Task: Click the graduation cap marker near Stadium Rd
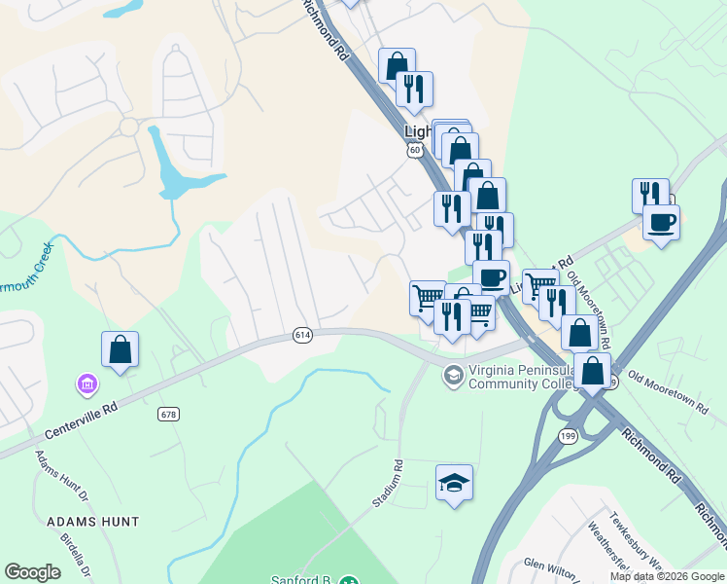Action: click(454, 483)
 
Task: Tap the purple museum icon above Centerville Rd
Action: click(87, 386)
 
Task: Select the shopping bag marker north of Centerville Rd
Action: click(120, 350)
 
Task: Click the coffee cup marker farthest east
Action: click(661, 223)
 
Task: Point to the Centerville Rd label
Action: click(83, 420)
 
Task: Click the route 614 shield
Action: click(302, 335)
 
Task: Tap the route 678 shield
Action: click(167, 414)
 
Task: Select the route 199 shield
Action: click(568, 436)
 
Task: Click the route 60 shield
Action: click(415, 151)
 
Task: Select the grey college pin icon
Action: click(453, 374)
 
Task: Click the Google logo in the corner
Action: click(32, 572)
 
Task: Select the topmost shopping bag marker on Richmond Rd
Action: click(397, 66)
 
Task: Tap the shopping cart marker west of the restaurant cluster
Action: click(428, 298)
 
